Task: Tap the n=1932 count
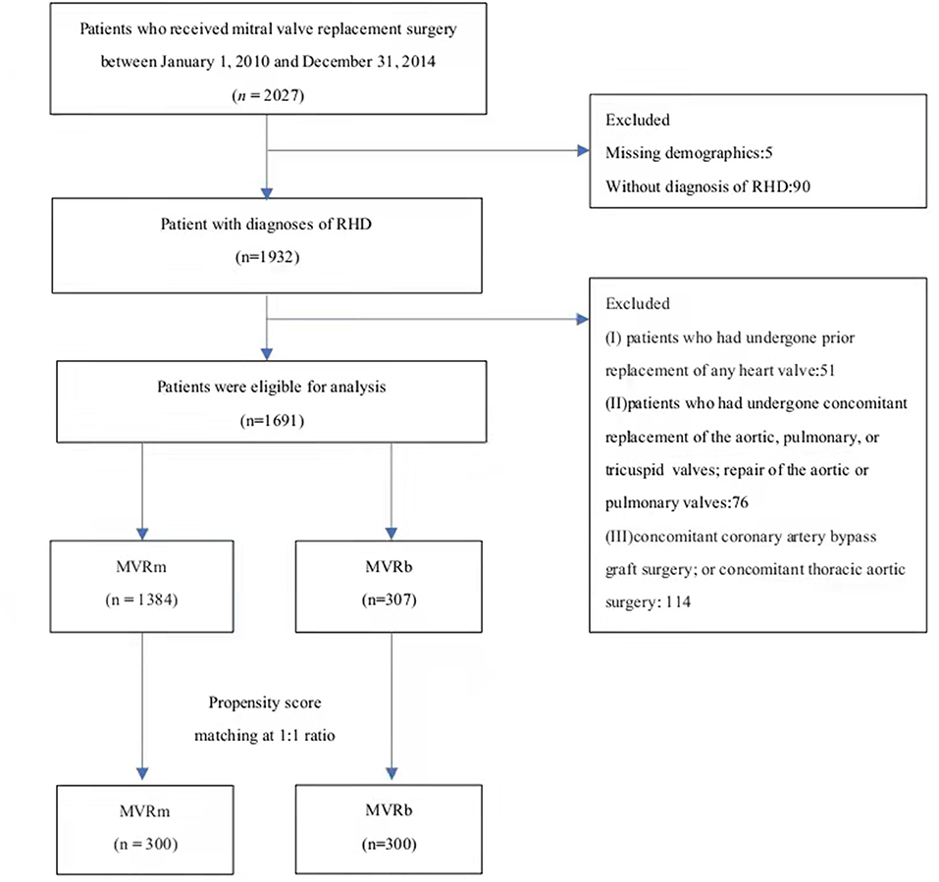[267, 257]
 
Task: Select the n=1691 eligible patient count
[272, 420]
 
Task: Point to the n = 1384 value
[141, 599]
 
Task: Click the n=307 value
[390, 599]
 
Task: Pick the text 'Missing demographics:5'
[689, 153]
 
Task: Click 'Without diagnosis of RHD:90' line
[707, 186]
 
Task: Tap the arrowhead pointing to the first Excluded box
[583, 151]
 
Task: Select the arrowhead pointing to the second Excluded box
[583, 319]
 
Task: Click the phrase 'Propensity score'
[265, 702]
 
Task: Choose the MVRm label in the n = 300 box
[144, 811]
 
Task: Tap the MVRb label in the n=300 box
[390, 810]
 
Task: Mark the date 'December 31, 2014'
[368, 62]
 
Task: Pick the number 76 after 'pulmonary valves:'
[741, 502]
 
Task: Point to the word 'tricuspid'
[634, 470]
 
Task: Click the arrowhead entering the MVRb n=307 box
[391, 534]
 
